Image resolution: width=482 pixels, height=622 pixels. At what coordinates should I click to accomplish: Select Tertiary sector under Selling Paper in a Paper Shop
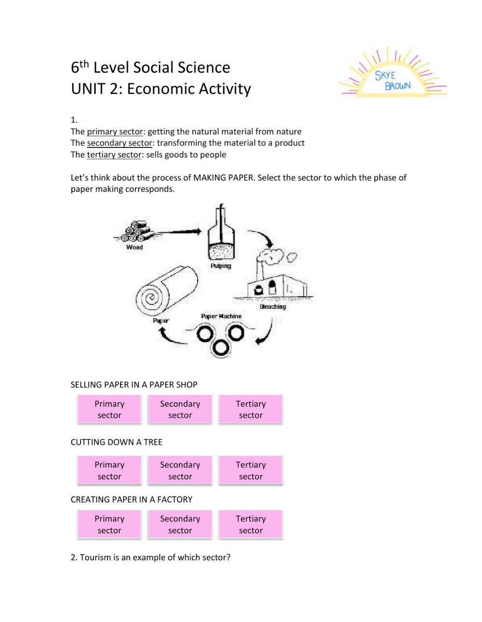(251, 410)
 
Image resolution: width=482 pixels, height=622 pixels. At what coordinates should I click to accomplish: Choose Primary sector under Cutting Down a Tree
(109, 470)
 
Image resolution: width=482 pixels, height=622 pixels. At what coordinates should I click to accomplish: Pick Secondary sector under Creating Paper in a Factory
(180, 524)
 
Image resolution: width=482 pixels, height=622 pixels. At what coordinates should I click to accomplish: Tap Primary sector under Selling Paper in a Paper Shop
(109, 410)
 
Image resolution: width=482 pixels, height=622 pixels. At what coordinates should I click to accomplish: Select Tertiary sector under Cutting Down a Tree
(251, 470)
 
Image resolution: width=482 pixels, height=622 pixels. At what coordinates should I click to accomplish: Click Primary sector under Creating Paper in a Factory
(109, 524)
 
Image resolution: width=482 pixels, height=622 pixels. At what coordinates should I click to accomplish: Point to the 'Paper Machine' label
(221, 317)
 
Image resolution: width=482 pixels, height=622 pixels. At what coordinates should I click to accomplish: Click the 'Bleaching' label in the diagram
(273, 306)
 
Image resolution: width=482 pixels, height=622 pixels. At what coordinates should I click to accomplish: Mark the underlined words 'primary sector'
(115, 132)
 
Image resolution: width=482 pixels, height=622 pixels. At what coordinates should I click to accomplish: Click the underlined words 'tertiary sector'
(114, 155)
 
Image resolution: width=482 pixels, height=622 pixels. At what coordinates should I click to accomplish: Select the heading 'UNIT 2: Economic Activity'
(161, 89)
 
